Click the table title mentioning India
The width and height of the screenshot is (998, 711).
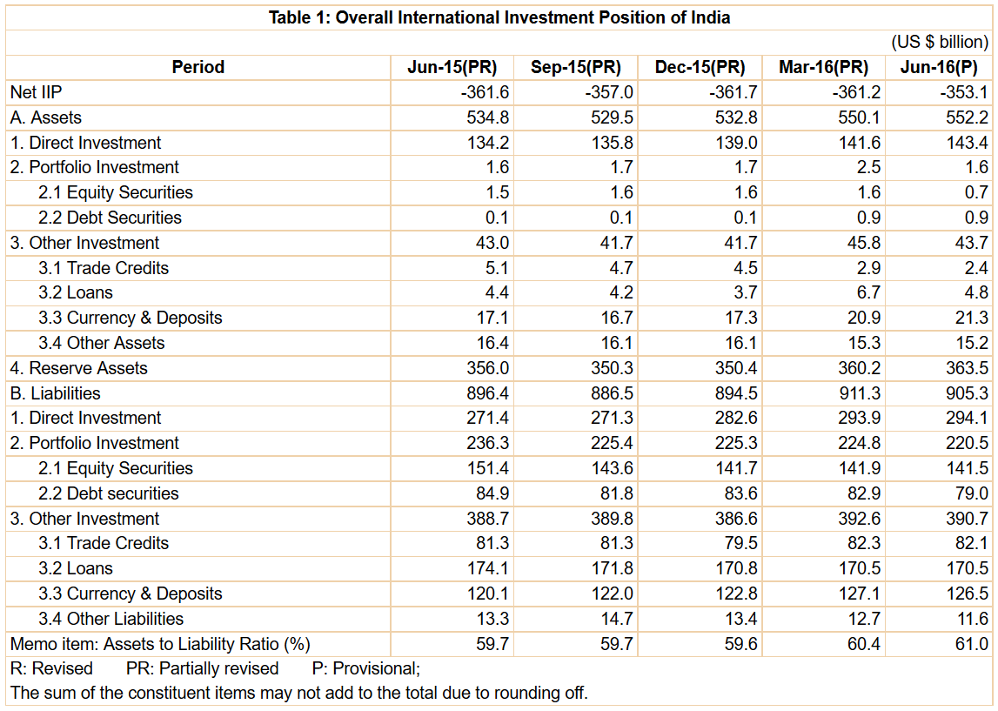[x=499, y=17]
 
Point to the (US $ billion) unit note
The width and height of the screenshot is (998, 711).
[x=940, y=42]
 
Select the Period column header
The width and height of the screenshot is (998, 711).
[x=198, y=67]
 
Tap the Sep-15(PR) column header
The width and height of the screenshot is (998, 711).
[x=575, y=67]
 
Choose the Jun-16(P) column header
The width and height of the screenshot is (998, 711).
[x=939, y=67]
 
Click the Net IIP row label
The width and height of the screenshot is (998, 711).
[x=37, y=92]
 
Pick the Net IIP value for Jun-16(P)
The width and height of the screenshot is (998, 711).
[x=963, y=92]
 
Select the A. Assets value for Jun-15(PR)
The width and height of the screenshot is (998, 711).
[x=488, y=117]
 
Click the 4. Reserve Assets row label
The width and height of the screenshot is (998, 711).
[x=79, y=368]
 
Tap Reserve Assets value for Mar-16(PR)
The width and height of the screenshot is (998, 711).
[x=860, y=368]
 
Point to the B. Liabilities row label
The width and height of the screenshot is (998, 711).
[x=56, y=393]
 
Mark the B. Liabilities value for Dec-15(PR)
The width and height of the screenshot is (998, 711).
[x=736, y=393]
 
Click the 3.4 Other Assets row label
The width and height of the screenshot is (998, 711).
[x=101, y=343]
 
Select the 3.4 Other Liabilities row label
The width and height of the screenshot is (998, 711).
[x=111, y=619]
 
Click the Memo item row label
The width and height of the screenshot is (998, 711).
[x=160, y=644]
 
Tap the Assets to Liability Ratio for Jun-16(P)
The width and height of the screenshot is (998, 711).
[x=972, y=644]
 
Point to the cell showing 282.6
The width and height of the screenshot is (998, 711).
[x=736, y=419]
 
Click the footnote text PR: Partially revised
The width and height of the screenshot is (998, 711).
[x=203, y=668]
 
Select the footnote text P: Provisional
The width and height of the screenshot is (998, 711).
[x=366, y=668]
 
